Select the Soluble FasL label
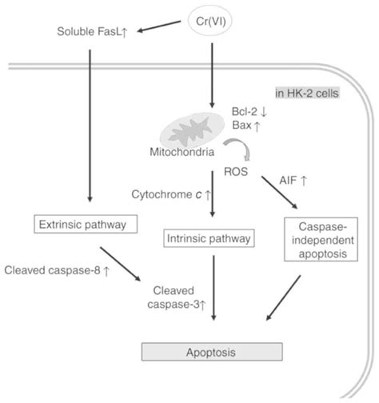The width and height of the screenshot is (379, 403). click(92, 32)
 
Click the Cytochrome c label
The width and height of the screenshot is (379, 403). click(170, 194)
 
